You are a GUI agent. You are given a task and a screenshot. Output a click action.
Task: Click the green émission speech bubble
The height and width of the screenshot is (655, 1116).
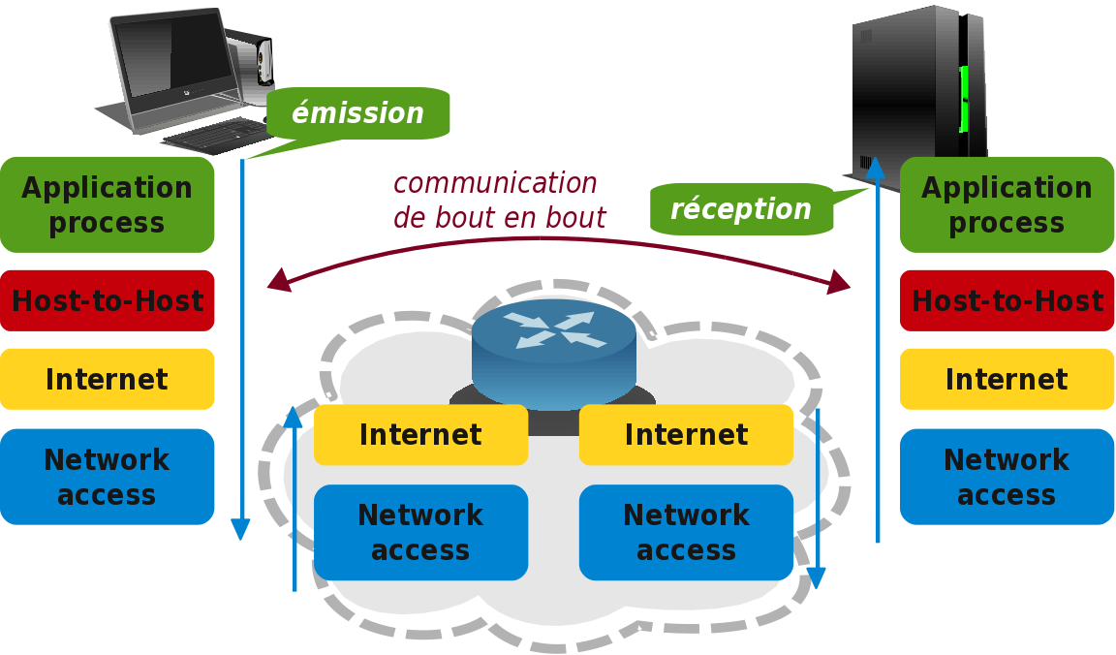pos(357,113)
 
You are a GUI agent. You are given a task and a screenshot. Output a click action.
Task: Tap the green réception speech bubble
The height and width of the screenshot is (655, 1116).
pos(741,208)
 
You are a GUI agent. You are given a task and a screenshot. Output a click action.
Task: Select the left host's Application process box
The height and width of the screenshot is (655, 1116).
pos(107,204)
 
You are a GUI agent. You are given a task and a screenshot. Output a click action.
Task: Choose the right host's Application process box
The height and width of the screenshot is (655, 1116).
pos(1007,204)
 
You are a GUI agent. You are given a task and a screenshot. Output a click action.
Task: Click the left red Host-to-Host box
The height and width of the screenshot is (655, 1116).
pos(107,300)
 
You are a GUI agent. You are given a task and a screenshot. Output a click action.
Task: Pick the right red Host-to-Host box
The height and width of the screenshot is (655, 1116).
pos(1007,300)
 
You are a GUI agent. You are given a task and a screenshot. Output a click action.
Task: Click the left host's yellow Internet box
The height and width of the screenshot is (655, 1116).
pos(107,379)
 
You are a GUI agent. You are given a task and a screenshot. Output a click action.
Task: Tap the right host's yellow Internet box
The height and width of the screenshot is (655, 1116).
pos(1007,379)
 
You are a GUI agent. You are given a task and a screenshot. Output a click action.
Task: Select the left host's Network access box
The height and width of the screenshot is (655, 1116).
pos(107,477)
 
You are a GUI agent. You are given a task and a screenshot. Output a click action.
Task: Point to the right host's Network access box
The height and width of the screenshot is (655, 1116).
pos(1007,477)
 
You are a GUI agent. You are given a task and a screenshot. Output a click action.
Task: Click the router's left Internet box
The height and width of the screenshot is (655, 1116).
pos(420,435)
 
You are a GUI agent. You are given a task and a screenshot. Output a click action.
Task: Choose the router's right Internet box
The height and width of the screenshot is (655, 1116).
pos(686,435)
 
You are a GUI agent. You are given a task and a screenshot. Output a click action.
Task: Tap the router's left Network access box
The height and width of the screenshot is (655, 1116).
pos(420,532)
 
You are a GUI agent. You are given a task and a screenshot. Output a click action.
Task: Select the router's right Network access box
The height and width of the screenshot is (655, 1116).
pos(686,532)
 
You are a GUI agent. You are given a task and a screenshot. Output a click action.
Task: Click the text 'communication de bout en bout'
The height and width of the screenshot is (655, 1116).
pos(498,201)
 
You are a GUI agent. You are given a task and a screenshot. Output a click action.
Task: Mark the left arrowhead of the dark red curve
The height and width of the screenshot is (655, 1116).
pos(279,281)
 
